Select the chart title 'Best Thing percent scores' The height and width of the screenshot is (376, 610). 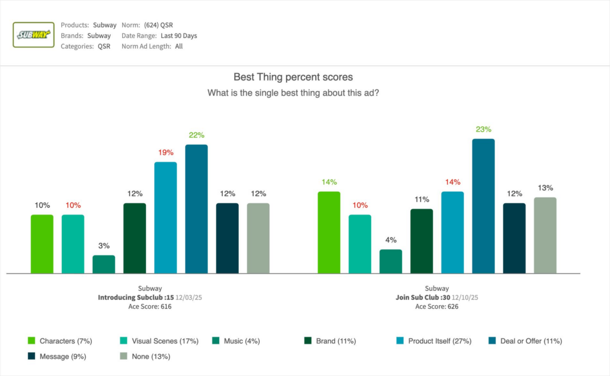(292, 77)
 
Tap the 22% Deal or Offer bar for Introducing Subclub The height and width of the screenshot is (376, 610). (197, 209)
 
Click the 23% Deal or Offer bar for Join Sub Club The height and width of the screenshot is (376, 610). (483, 206)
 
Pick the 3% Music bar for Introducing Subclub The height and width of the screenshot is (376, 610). (104, 264)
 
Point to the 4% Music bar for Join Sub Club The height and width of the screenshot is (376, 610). (391, 261)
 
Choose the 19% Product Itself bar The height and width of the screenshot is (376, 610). (166, 217)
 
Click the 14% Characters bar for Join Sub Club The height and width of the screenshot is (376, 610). (329, 232)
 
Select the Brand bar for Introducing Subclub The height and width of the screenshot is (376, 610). (135, 238)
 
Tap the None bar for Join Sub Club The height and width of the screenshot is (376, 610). (545, 235)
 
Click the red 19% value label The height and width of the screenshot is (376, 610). (166, 152)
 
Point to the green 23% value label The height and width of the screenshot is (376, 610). (483, 129)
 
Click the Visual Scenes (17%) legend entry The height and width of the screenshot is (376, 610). (154, 341)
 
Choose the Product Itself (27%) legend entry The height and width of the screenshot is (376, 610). (434, 341)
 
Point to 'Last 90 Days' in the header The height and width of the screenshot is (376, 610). (179, 36)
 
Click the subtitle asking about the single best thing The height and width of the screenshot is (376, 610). (292, 93)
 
